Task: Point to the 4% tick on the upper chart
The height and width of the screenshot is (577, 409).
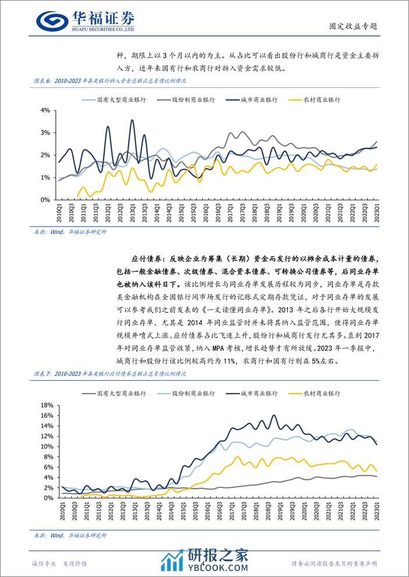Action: tap(46, 110)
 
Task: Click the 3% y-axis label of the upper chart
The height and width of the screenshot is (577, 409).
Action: tap(46, 133)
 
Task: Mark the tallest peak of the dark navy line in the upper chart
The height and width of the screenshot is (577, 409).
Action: tap(132, 121)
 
